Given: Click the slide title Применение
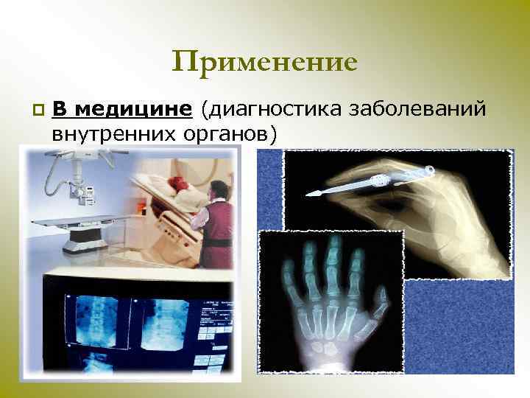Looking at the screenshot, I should pyautogui.click(x=264, y=61).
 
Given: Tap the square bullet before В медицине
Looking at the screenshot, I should pyautogui.click(x=38, y=111).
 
